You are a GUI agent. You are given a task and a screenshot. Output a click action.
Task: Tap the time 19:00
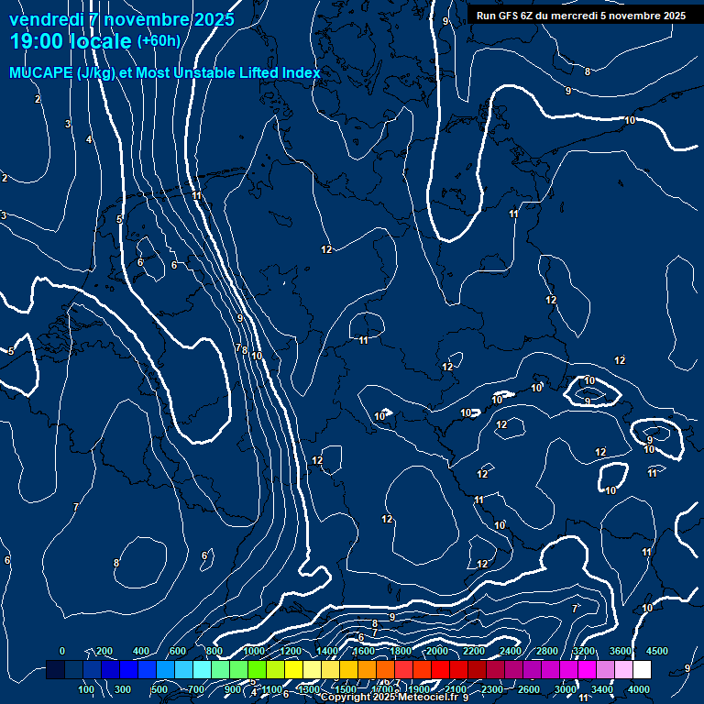coord(33,41)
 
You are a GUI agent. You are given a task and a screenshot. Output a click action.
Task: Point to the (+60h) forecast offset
coord(159,40)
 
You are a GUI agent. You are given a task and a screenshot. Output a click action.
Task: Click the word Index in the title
coord(302,72)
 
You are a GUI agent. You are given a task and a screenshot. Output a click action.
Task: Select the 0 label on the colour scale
coord(62,651)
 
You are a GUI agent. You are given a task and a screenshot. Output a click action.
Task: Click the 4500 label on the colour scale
coord(656,651)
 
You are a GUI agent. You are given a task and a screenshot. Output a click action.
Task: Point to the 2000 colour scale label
coord(437,651)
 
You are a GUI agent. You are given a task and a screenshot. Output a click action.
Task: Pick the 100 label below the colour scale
coord(87,688)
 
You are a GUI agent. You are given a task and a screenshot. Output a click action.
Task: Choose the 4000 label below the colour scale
coord(639,688)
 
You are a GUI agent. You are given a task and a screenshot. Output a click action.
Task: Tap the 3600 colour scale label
coord(620,651)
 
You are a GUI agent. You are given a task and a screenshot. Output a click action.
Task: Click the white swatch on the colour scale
coord(642,670)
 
